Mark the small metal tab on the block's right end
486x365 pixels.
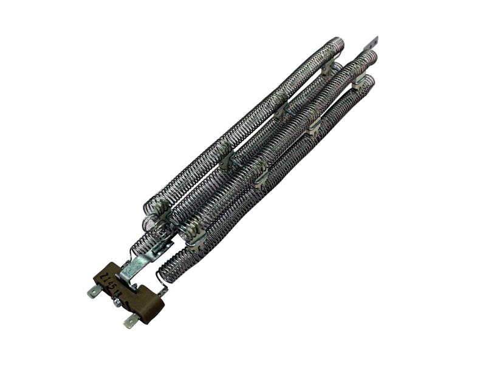[162, 292]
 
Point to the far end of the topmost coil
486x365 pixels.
[338, 44]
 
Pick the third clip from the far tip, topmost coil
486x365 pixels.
[225, 155]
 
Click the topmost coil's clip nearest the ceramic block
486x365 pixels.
[162, 209]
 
